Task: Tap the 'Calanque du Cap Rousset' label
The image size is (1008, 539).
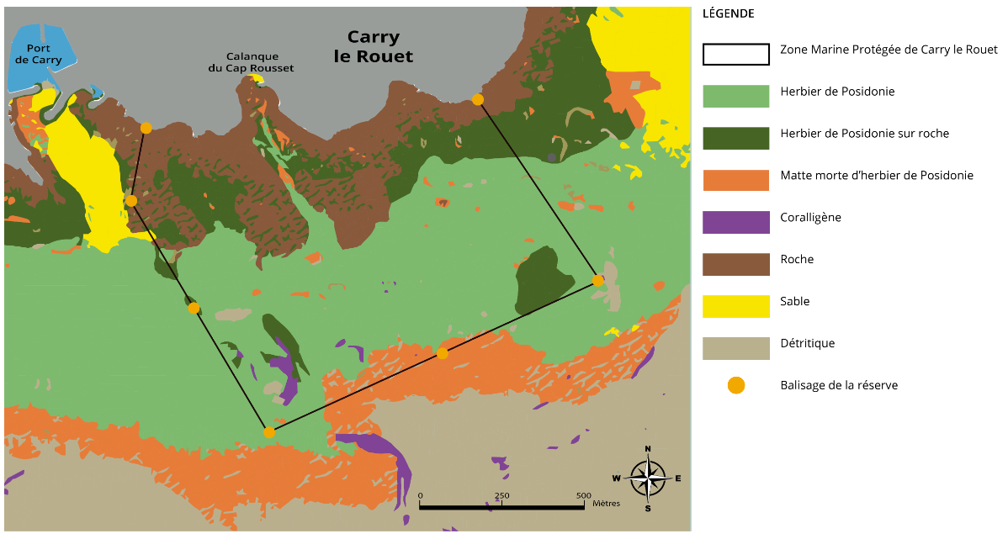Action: tap(251, 62)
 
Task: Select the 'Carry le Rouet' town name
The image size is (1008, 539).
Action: tap(374, 47)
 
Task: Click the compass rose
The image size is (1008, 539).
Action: tap(647, 478)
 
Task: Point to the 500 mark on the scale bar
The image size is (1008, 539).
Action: tap(583, 496)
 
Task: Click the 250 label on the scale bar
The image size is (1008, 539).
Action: tap(501, 496)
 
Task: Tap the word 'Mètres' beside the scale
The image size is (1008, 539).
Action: tap(606, 504)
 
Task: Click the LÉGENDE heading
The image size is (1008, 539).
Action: tap(728, 13)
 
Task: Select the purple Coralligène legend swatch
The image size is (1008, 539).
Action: tap(735, 222)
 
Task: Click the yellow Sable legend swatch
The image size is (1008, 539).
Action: tap(735, 306)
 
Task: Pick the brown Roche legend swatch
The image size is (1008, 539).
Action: tap(735, 264)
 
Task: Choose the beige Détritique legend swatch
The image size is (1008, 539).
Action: tap(735, 348)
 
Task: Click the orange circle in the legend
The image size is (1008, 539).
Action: tap(735, 385)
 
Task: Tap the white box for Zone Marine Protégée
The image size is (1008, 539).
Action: tap(735, 54)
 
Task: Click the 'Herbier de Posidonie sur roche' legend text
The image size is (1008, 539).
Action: tap(864, 134)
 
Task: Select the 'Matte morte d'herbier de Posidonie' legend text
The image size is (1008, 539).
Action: tap(876, 176)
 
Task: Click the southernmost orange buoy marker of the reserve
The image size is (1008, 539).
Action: tap(269, 432)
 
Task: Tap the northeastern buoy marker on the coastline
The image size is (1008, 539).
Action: tap(478, 99)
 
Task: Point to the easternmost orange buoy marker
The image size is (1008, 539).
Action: tap(597, 280)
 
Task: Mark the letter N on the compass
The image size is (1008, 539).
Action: tap(647, 449)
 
